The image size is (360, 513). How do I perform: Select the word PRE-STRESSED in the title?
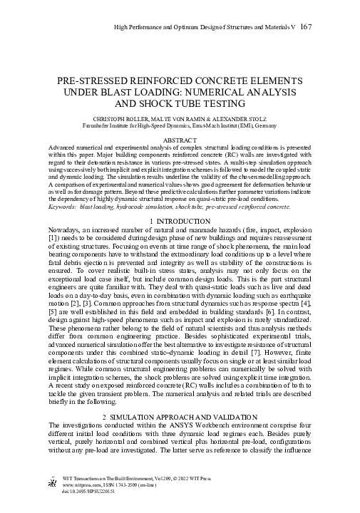click(x=88, y=81)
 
